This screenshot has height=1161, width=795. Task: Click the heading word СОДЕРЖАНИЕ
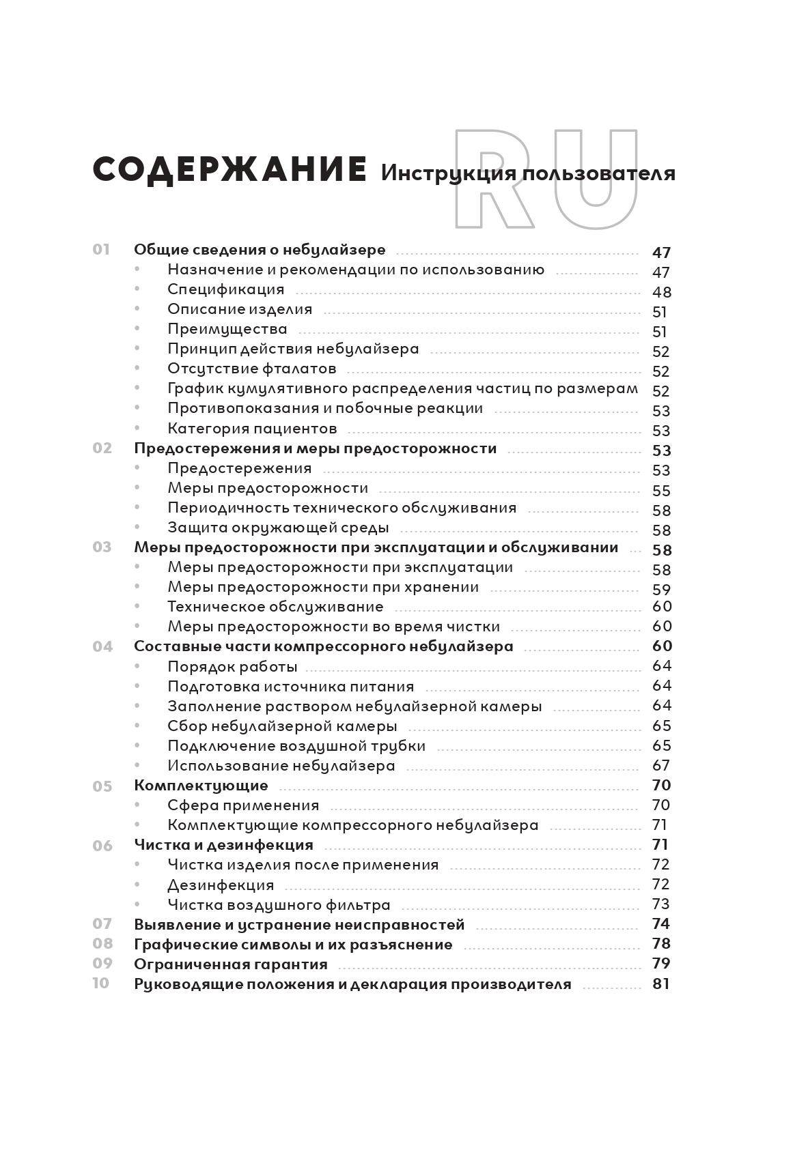tap(229, 170)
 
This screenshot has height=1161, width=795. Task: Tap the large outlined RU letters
tap(546, 180)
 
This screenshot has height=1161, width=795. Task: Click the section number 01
tap(101, 250)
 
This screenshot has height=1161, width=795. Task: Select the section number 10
tap(101, 984)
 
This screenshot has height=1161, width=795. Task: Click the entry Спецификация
tap(225, 289)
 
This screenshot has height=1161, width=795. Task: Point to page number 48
tap(661, 292)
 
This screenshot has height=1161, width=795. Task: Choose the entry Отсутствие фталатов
tap(252, 369)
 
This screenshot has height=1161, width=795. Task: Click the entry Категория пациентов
tap(252, 429)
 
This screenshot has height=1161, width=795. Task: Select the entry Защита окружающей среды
tap(278, 528)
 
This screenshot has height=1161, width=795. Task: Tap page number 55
tap(661, 491)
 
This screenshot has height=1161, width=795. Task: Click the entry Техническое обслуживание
tap(275, 607)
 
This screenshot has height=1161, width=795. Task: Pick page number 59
tap(661, 589)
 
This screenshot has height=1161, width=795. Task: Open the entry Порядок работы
tap(232, 666)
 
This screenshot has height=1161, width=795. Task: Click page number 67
tap(661, 765)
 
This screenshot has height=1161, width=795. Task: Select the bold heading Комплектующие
tap(201, 786)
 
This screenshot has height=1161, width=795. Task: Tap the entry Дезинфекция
tap(221, 885)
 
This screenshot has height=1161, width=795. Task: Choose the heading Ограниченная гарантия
tap(231, 964)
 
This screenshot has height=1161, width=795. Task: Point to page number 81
tap(661, 984)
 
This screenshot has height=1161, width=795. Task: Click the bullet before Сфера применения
tap(137, 805)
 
